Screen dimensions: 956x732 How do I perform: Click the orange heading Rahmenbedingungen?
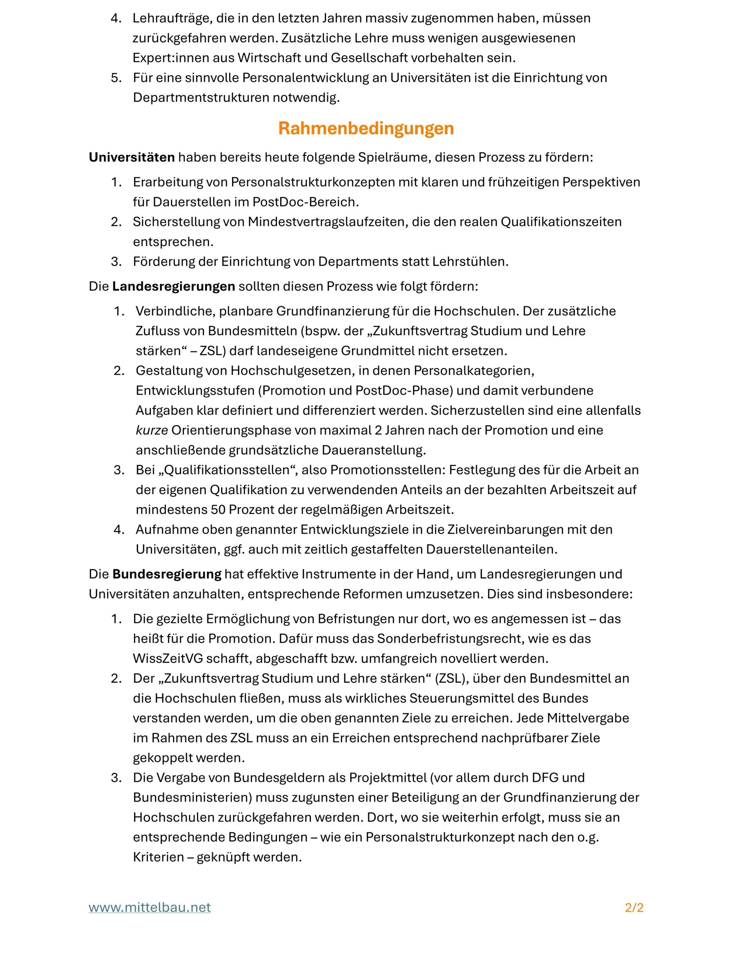tap(366, 128)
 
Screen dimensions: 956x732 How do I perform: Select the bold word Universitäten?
tap(132, 157)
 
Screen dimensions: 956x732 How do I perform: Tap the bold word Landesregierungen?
tap(173, 286)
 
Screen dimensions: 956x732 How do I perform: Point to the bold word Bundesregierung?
tap(167, 574)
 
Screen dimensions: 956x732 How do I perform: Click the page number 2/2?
tap(634, 908)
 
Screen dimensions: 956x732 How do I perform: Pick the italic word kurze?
tap(152, 430)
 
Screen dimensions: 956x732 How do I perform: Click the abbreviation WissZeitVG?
tap(168, 658)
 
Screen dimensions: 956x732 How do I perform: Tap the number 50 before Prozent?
tap(218, 509)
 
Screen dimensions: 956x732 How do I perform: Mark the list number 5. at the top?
tap(116, 78)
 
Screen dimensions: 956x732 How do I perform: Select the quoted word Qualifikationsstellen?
tap(226, 470)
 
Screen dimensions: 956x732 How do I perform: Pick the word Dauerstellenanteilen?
tap(491, 549)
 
